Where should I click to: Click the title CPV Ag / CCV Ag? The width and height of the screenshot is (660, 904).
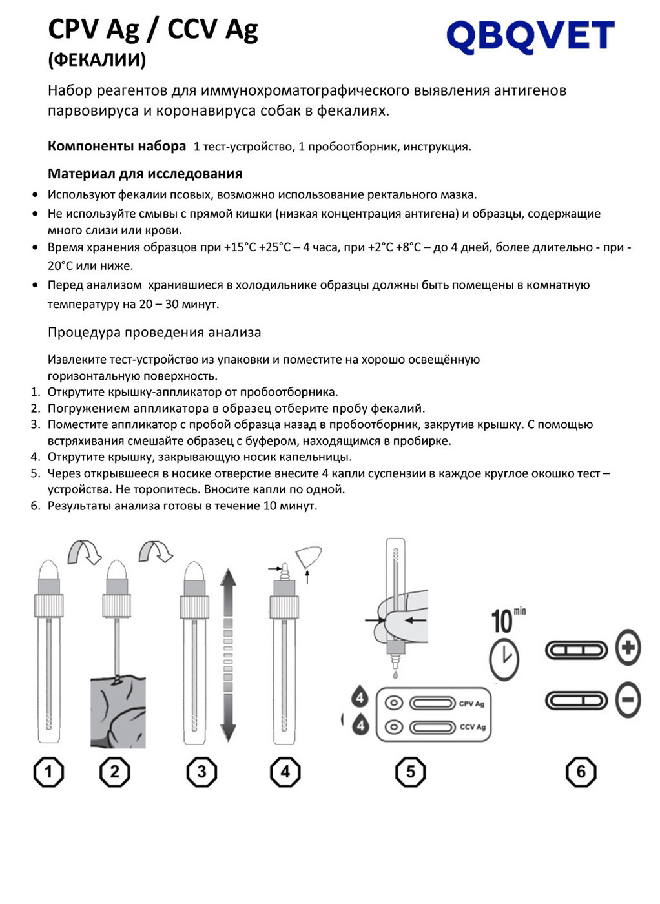(153, 29)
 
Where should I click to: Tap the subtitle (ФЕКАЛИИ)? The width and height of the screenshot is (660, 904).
(97, 60)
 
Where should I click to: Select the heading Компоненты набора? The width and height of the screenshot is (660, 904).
(117, 146)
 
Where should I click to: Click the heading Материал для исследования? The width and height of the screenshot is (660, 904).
(145, 174)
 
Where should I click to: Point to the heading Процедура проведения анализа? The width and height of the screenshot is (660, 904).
(154, 333)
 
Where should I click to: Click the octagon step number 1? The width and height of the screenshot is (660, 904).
(48, 772)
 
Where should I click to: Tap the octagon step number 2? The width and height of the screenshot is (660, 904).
(115, 772)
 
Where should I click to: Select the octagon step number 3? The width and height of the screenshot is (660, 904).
(201, 772)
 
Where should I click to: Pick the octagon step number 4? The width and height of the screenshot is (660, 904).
(285, 772)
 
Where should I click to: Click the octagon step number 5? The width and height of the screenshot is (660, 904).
(411, 772)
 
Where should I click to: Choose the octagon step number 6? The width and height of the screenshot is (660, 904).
(581, 772)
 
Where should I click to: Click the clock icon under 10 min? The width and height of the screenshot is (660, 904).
(504, 659)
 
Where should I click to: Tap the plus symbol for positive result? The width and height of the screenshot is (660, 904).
(628, 647)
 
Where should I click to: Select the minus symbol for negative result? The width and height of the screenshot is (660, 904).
(628, 700)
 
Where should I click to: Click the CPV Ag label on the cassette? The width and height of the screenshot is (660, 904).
(471, 704)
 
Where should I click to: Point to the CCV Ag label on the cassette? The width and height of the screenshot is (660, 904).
(472, 727)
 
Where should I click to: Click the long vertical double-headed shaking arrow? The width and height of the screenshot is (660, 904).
(228, 655)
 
